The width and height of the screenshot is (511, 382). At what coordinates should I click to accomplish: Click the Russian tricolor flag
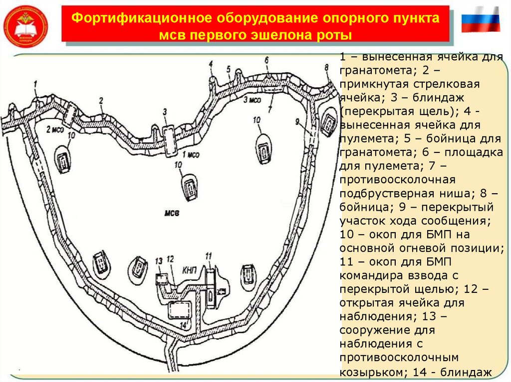click(x=481, y=20)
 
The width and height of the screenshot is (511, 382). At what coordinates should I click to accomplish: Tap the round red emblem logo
click(x=26, y=25)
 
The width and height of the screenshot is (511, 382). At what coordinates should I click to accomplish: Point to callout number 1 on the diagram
click(x=36, y=84)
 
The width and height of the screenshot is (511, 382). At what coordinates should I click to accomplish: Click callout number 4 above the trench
click(x=211, y=63)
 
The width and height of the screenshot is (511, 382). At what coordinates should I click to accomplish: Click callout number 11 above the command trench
click(x=208, y=256)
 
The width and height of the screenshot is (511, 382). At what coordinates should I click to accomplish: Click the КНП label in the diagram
click(x=190, y=269)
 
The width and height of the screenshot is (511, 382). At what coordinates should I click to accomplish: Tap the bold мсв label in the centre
click(x=171, y=213)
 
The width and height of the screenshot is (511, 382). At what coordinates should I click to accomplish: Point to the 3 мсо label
click(x=252, y=100)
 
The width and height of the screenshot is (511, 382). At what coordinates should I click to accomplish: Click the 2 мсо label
click(x=54, y=129)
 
